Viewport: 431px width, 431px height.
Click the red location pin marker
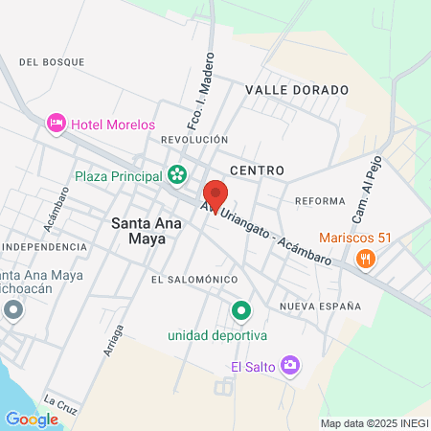point(215,195)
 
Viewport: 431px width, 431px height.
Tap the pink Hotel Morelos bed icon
point(57,124)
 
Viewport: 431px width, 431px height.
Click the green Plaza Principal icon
point(176,174)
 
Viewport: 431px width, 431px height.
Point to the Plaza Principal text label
point(119,175)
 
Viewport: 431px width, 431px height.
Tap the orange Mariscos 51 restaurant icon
point(364,259)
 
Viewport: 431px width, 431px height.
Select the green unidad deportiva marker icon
point(241,310)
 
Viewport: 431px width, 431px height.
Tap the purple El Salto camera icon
point(291,365)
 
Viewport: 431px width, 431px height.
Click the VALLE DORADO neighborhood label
point(296,89)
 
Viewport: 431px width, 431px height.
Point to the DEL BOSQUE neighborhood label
point(51,62)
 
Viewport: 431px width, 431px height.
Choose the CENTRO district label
point(257,170)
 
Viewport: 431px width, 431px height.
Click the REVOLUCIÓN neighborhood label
point(194,140)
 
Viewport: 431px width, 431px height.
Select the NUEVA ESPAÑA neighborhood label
point(320,306)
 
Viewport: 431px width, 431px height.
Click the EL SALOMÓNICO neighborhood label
point(193,279)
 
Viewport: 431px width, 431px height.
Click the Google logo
point(32,419)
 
